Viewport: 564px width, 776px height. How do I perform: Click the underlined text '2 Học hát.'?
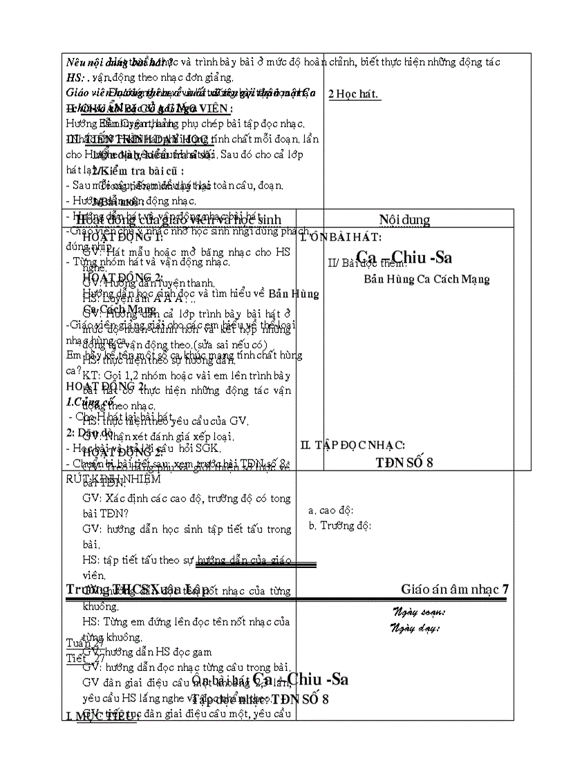coord(354,95)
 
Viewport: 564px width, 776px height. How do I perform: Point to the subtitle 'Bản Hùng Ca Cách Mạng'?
coord(426,279)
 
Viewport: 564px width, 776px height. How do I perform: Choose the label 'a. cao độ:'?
coord(331,510)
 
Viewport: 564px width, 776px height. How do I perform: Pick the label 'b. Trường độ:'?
coord(340,525)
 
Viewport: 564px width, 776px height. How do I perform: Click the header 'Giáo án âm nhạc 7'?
coord(454,589)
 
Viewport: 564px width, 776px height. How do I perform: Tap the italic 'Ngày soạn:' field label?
coord(419,612)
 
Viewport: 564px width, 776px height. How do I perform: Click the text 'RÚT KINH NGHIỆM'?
coord(113,479)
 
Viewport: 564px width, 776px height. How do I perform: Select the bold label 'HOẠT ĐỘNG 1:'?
coord(122,236)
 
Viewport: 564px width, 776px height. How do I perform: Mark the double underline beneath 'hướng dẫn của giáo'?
coord(256,565)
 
